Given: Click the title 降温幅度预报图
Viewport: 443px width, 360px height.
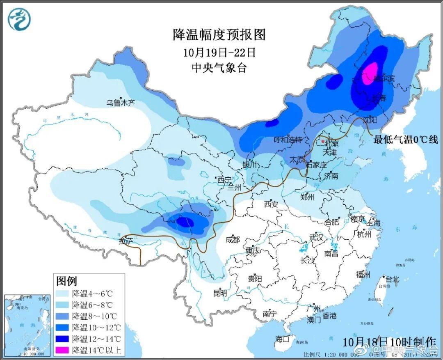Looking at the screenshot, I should click(219, 35).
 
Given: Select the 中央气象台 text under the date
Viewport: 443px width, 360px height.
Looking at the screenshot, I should click(219, 68).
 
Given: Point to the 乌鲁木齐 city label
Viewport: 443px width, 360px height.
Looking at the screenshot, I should click(121, 103).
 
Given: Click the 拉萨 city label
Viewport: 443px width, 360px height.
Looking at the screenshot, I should click(126, 241).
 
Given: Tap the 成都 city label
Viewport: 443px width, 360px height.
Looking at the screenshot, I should click(232, 239).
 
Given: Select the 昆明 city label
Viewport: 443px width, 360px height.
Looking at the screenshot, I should click(219, 293).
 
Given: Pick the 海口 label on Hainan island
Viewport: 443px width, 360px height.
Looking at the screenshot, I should click(282, 339).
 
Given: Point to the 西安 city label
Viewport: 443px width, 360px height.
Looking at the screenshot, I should click(271, 204).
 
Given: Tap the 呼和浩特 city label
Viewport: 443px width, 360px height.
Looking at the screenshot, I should click(288, 140).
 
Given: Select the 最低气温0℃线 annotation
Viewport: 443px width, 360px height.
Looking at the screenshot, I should click(405, 140).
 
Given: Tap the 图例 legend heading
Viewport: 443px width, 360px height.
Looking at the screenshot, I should click(66, 281).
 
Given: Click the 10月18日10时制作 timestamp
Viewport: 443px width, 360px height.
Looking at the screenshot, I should click(390, 342).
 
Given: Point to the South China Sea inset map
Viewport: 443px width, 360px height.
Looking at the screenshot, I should click(27, 319).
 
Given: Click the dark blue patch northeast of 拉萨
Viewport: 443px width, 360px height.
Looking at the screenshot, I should click(185, 222).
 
